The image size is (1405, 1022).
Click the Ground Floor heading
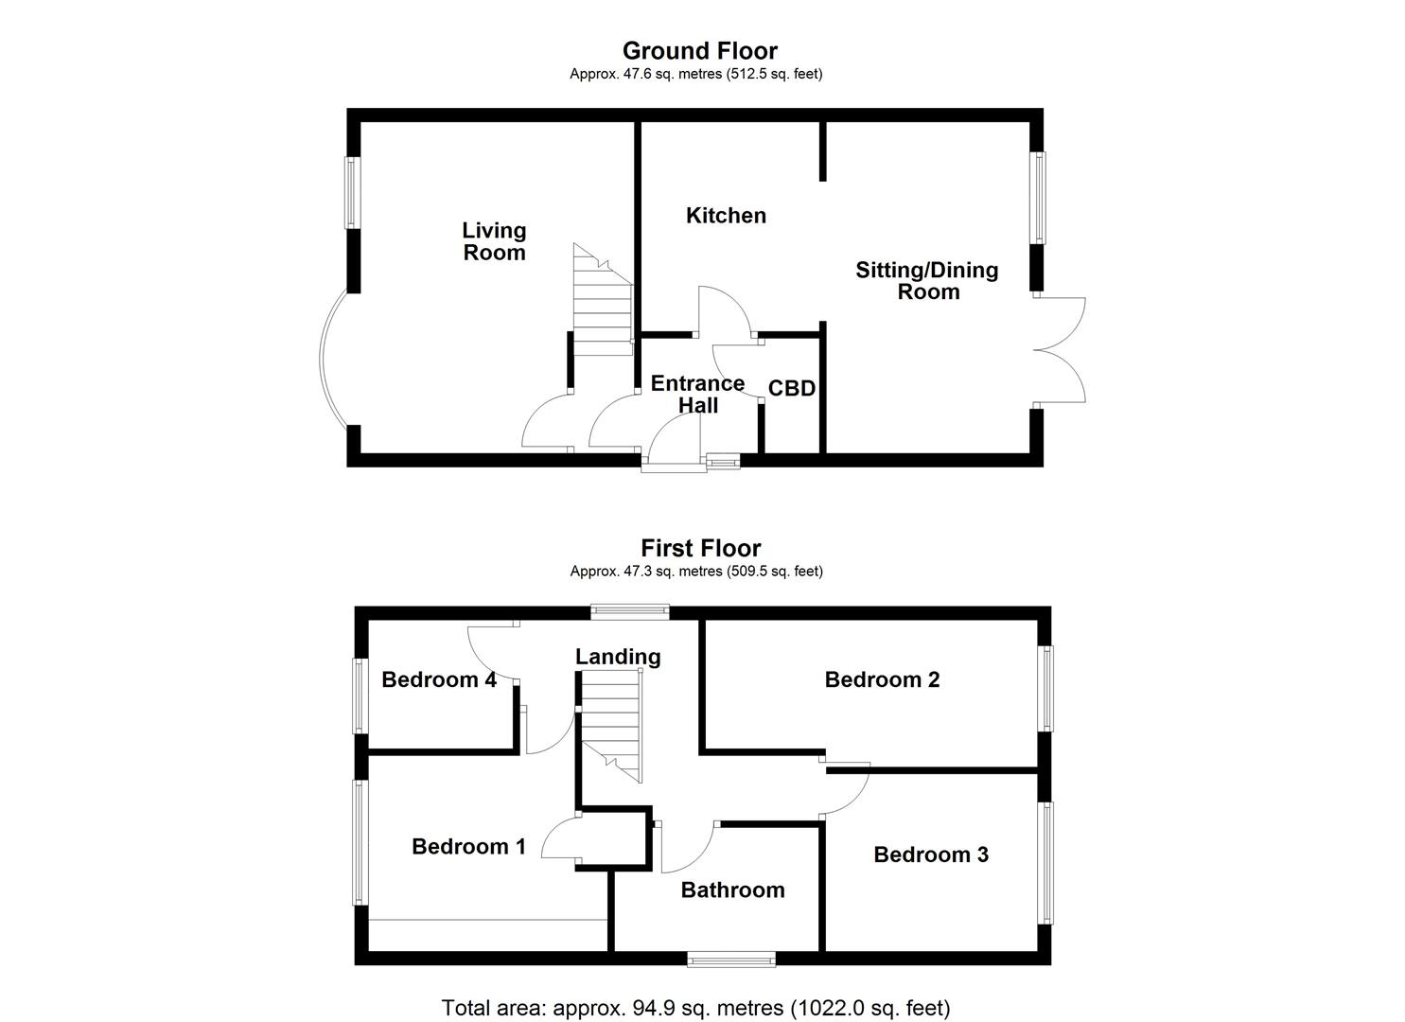(x=699, y=50)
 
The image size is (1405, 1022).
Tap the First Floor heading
(x=700, y=548)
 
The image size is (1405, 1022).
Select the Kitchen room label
(x=726, y=216)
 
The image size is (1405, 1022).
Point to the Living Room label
(x=494, y=241)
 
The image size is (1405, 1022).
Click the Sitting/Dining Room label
(x=927, y=281)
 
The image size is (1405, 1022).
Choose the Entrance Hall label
(x=698, y=395)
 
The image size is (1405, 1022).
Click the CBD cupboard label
(x=792, y=389)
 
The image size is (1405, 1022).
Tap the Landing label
(x=618, y=657)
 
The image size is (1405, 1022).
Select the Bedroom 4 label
(x=439, y=679)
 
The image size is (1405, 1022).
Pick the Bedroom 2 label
(x=882, y=679)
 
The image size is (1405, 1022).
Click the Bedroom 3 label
(x=931, y=855)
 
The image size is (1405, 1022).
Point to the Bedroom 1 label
(x=468, y=847)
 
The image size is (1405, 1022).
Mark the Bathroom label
(x=732, y=890)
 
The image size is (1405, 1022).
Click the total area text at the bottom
(x=695, y=1008)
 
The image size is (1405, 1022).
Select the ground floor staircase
(x=602, y=303)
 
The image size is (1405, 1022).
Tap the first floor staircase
(x=611, y=724)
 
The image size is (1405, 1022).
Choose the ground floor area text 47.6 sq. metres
(x=695, y=74)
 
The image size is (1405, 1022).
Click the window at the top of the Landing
(x=630, y=611)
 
